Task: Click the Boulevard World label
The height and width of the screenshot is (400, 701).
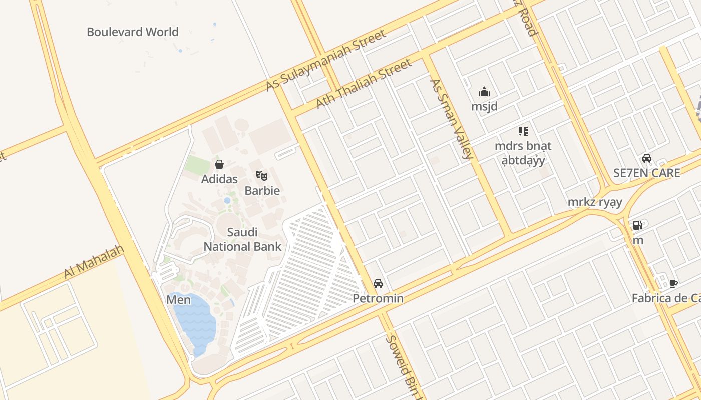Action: (x=133, y=32)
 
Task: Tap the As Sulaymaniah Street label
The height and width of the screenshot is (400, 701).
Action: (x=326, y=60)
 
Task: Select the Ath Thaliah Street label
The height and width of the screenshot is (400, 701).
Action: (x=364, y=83)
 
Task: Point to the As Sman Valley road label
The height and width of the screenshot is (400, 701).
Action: (x=451, y=119)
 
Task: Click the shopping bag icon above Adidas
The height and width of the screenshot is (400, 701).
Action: (x=219, y=164)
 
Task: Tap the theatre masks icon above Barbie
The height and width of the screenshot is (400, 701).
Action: (x=262, y=175)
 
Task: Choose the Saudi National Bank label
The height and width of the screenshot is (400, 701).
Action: (x=242, y=239)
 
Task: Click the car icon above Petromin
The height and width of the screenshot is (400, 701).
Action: (x=378, y=284)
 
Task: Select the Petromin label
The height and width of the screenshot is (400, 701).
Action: (x=378, y=299)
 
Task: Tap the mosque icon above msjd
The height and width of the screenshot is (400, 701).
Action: (x=484, y=92)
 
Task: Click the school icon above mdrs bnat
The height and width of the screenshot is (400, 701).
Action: (x=523, y=131)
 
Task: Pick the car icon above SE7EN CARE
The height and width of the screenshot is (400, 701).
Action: (x=647, y=158)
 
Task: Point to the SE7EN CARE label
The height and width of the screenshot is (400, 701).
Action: (x=647, y=173)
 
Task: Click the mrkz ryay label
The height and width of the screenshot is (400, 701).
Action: (x=595, y=202)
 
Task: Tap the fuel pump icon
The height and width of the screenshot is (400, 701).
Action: (x=637, y=225)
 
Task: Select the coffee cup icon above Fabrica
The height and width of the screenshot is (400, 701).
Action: (x=673, y=283)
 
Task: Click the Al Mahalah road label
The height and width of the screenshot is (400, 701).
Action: (x=94, y=262)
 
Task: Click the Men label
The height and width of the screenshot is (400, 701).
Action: (x=179, y=300)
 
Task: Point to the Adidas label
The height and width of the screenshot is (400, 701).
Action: (x=219, y=179)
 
